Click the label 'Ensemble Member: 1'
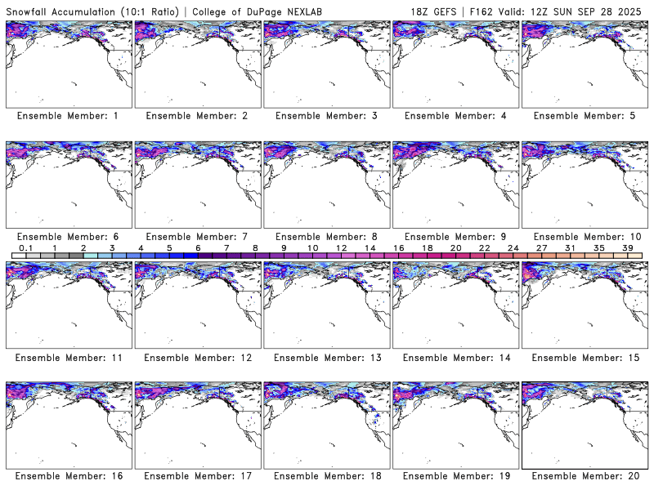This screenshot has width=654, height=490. tap(68, 116)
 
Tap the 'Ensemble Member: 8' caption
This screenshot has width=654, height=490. tap(325, 236)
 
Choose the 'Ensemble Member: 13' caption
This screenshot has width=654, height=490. tap(325, 357)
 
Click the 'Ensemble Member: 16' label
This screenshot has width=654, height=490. tap(68, 475)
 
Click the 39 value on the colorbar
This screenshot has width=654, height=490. tap(627, 247)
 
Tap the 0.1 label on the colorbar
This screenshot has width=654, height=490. tap(25, 247)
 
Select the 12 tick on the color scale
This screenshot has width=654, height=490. tap(341, 247)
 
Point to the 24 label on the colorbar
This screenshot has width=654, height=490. tap(513, 247)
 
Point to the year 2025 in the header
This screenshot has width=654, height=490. tap(633, 9)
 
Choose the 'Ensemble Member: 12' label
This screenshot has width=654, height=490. tap(197, 357)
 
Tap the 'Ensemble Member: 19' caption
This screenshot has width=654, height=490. tap(455, 475)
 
